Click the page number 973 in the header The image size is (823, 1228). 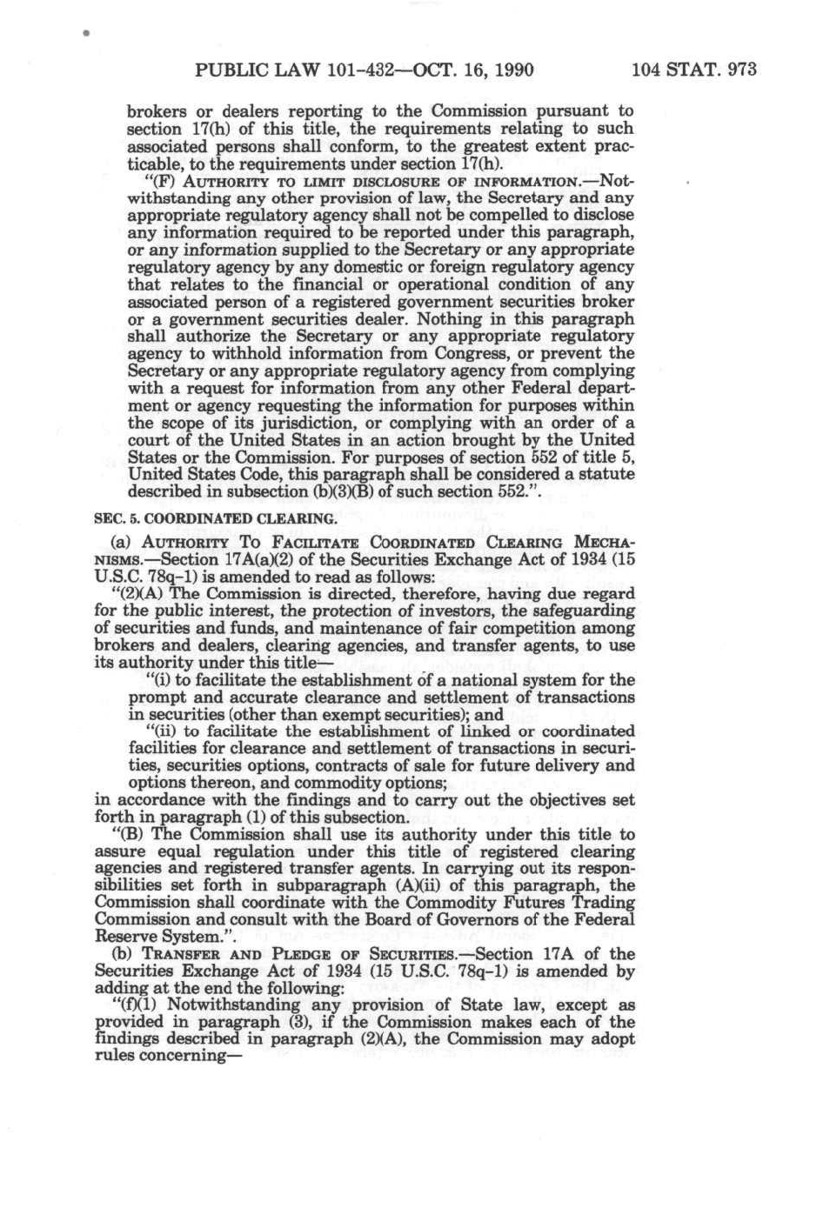(x=742, y=70)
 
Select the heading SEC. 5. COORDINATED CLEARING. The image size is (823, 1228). (x=214, y=518)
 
